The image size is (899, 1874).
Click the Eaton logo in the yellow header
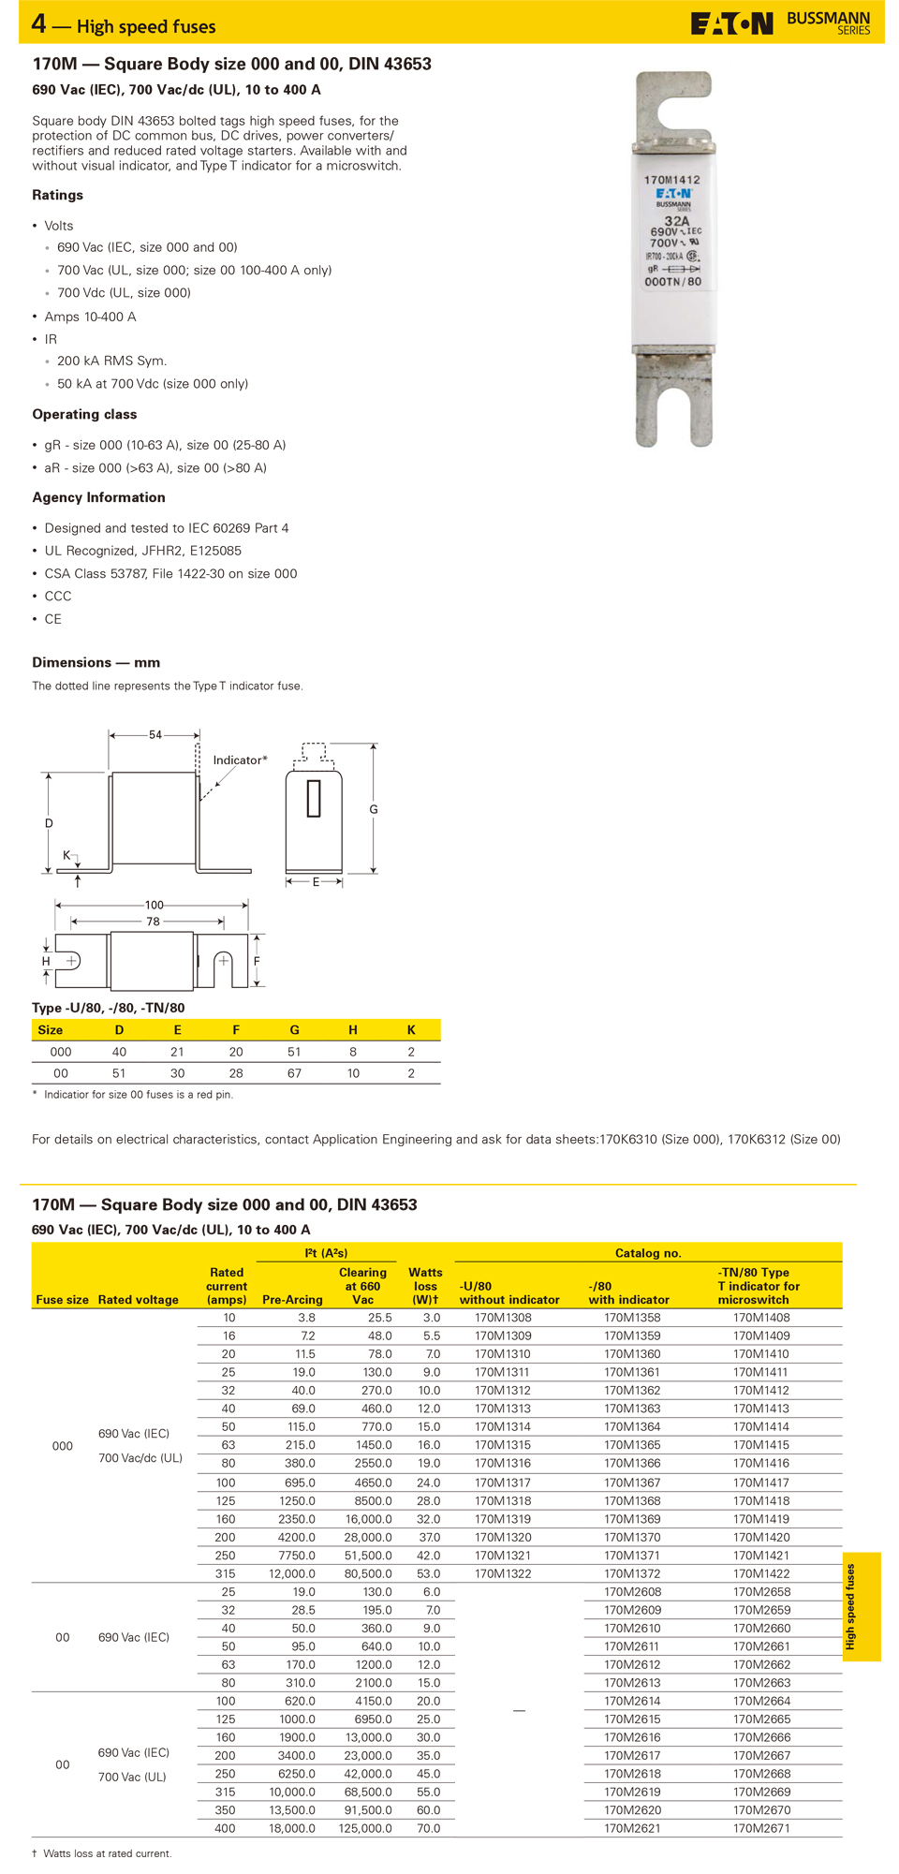(731, 23)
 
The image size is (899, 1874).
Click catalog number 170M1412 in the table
(760, 1390)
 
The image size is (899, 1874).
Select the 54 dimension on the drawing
(155, 735)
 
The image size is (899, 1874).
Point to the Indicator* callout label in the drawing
(240, 760)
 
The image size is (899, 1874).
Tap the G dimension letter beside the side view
(374, 809)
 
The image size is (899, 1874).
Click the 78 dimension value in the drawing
(153, 922)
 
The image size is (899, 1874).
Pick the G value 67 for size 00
(294, 1073)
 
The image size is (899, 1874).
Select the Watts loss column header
(425, 1286)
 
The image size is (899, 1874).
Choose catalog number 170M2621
(632, 1828)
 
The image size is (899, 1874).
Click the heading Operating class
(84, 414)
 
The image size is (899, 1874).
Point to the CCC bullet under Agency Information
(58, 596)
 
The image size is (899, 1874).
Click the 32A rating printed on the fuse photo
(676, 221)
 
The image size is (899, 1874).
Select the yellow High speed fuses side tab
(861, 1607)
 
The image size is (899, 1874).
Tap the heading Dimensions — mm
(96, 662)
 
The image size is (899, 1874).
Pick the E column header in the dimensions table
(177, 1029)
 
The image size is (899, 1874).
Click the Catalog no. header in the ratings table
(647, 1252)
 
